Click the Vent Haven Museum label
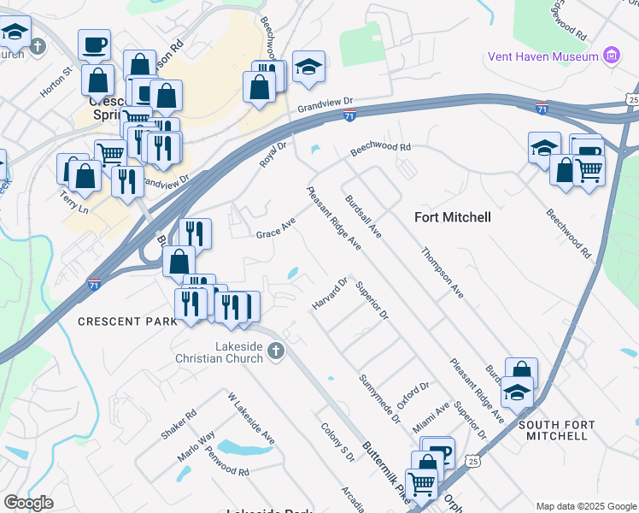[542, 56]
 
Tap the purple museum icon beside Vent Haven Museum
[611, 56]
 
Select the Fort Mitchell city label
[453, 217]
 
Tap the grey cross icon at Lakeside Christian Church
[275, 350]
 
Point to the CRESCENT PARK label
[127, 321]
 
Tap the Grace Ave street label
[276, 228]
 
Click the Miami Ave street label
[431, 418]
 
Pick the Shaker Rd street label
[179, 424]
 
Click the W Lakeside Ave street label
[251, 418]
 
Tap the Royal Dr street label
[273, 156]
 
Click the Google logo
[29, 502]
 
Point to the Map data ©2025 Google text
[586, 506]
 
